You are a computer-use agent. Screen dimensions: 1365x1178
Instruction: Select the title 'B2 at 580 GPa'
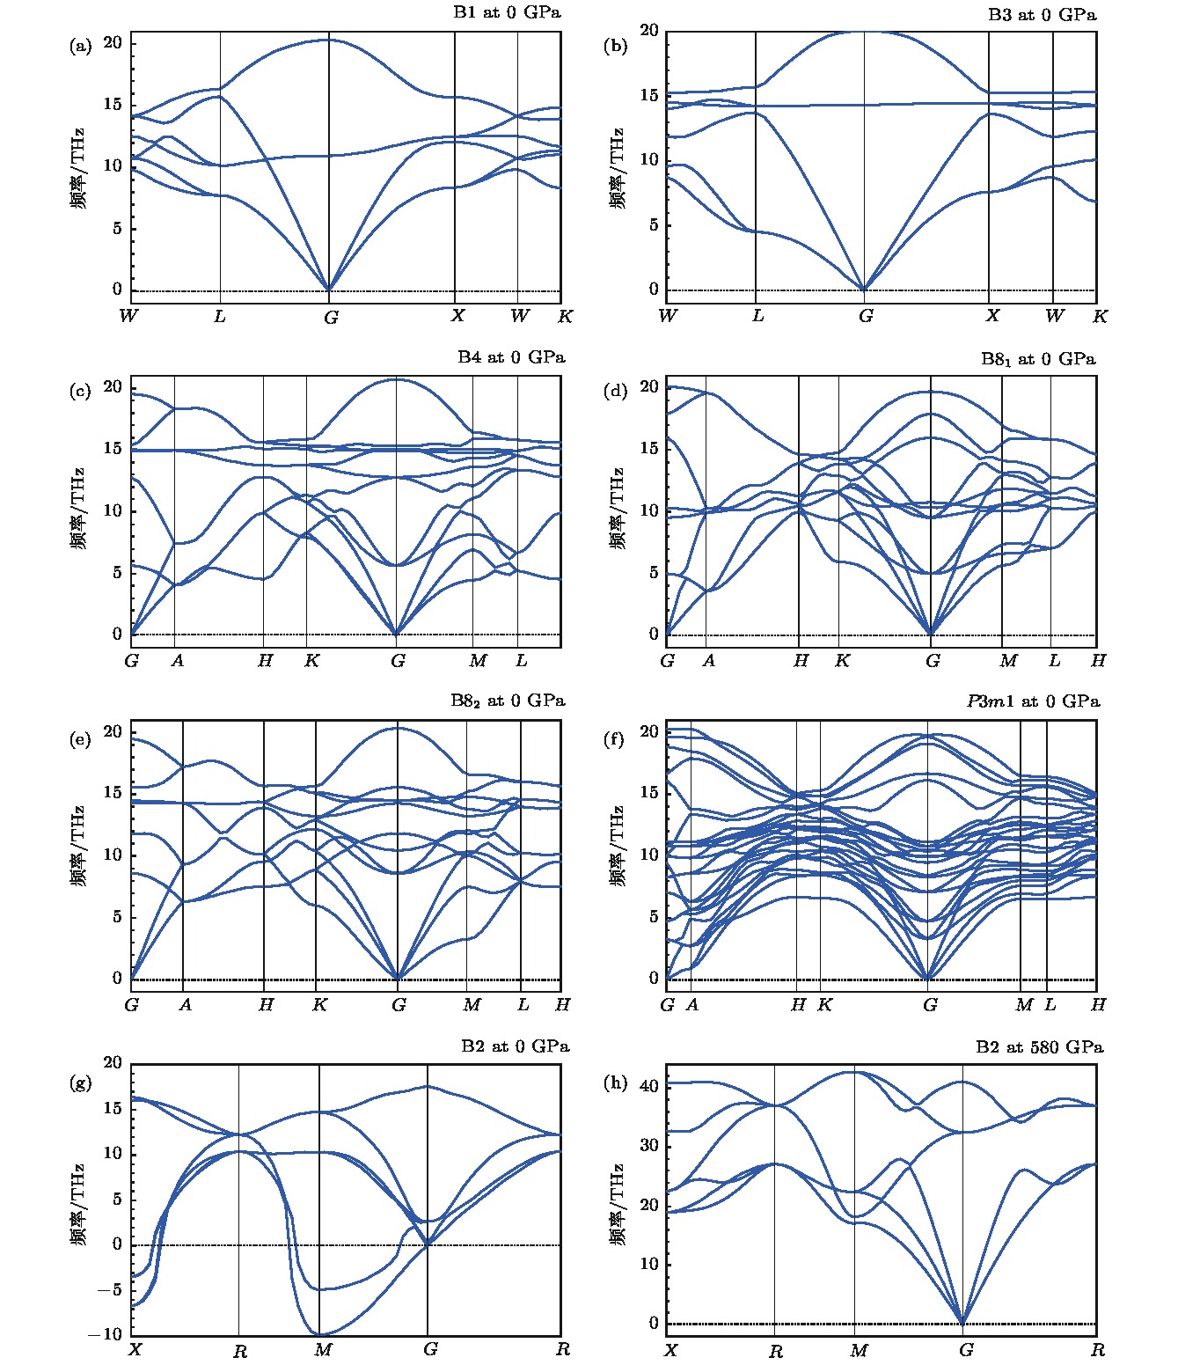1039,1046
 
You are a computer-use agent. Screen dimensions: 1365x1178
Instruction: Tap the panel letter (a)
80,47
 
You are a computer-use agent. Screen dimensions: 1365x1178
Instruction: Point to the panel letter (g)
80,1083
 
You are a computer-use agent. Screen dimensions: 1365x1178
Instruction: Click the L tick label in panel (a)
219,316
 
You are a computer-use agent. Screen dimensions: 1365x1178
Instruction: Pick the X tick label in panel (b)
992,315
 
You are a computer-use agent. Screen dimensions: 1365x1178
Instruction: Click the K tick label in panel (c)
311,660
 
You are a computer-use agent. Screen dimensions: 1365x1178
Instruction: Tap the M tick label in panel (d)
1007,660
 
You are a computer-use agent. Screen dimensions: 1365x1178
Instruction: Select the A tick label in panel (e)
185,1004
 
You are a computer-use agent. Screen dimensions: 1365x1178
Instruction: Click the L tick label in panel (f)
1050,1004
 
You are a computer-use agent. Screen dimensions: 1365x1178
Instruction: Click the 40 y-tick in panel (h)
647,1085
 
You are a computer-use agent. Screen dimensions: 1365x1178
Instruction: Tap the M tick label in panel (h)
859,1350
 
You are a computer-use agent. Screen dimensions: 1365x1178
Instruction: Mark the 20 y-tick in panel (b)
649,30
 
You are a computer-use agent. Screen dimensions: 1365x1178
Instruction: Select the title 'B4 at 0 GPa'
511,357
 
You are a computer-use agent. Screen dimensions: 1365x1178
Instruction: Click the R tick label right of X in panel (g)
239,1351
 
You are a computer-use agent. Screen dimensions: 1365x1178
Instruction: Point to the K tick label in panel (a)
565,316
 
